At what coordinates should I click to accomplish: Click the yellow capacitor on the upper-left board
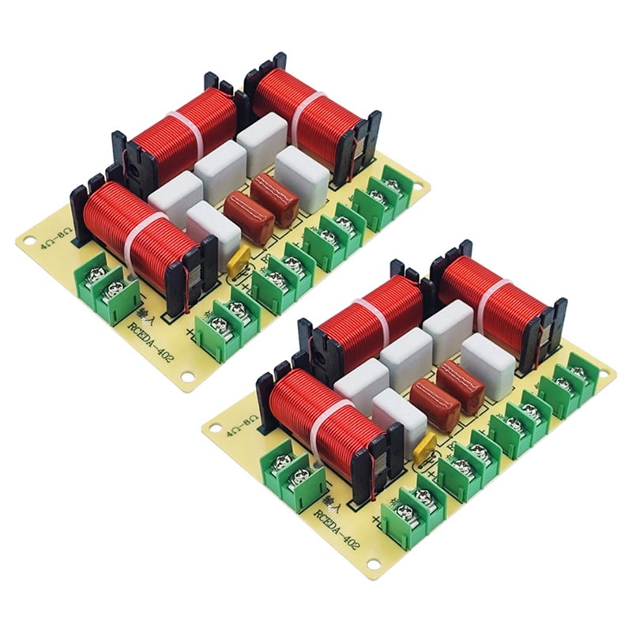238,260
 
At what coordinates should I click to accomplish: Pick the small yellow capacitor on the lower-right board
425,446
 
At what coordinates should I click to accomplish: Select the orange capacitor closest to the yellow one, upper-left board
249,217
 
